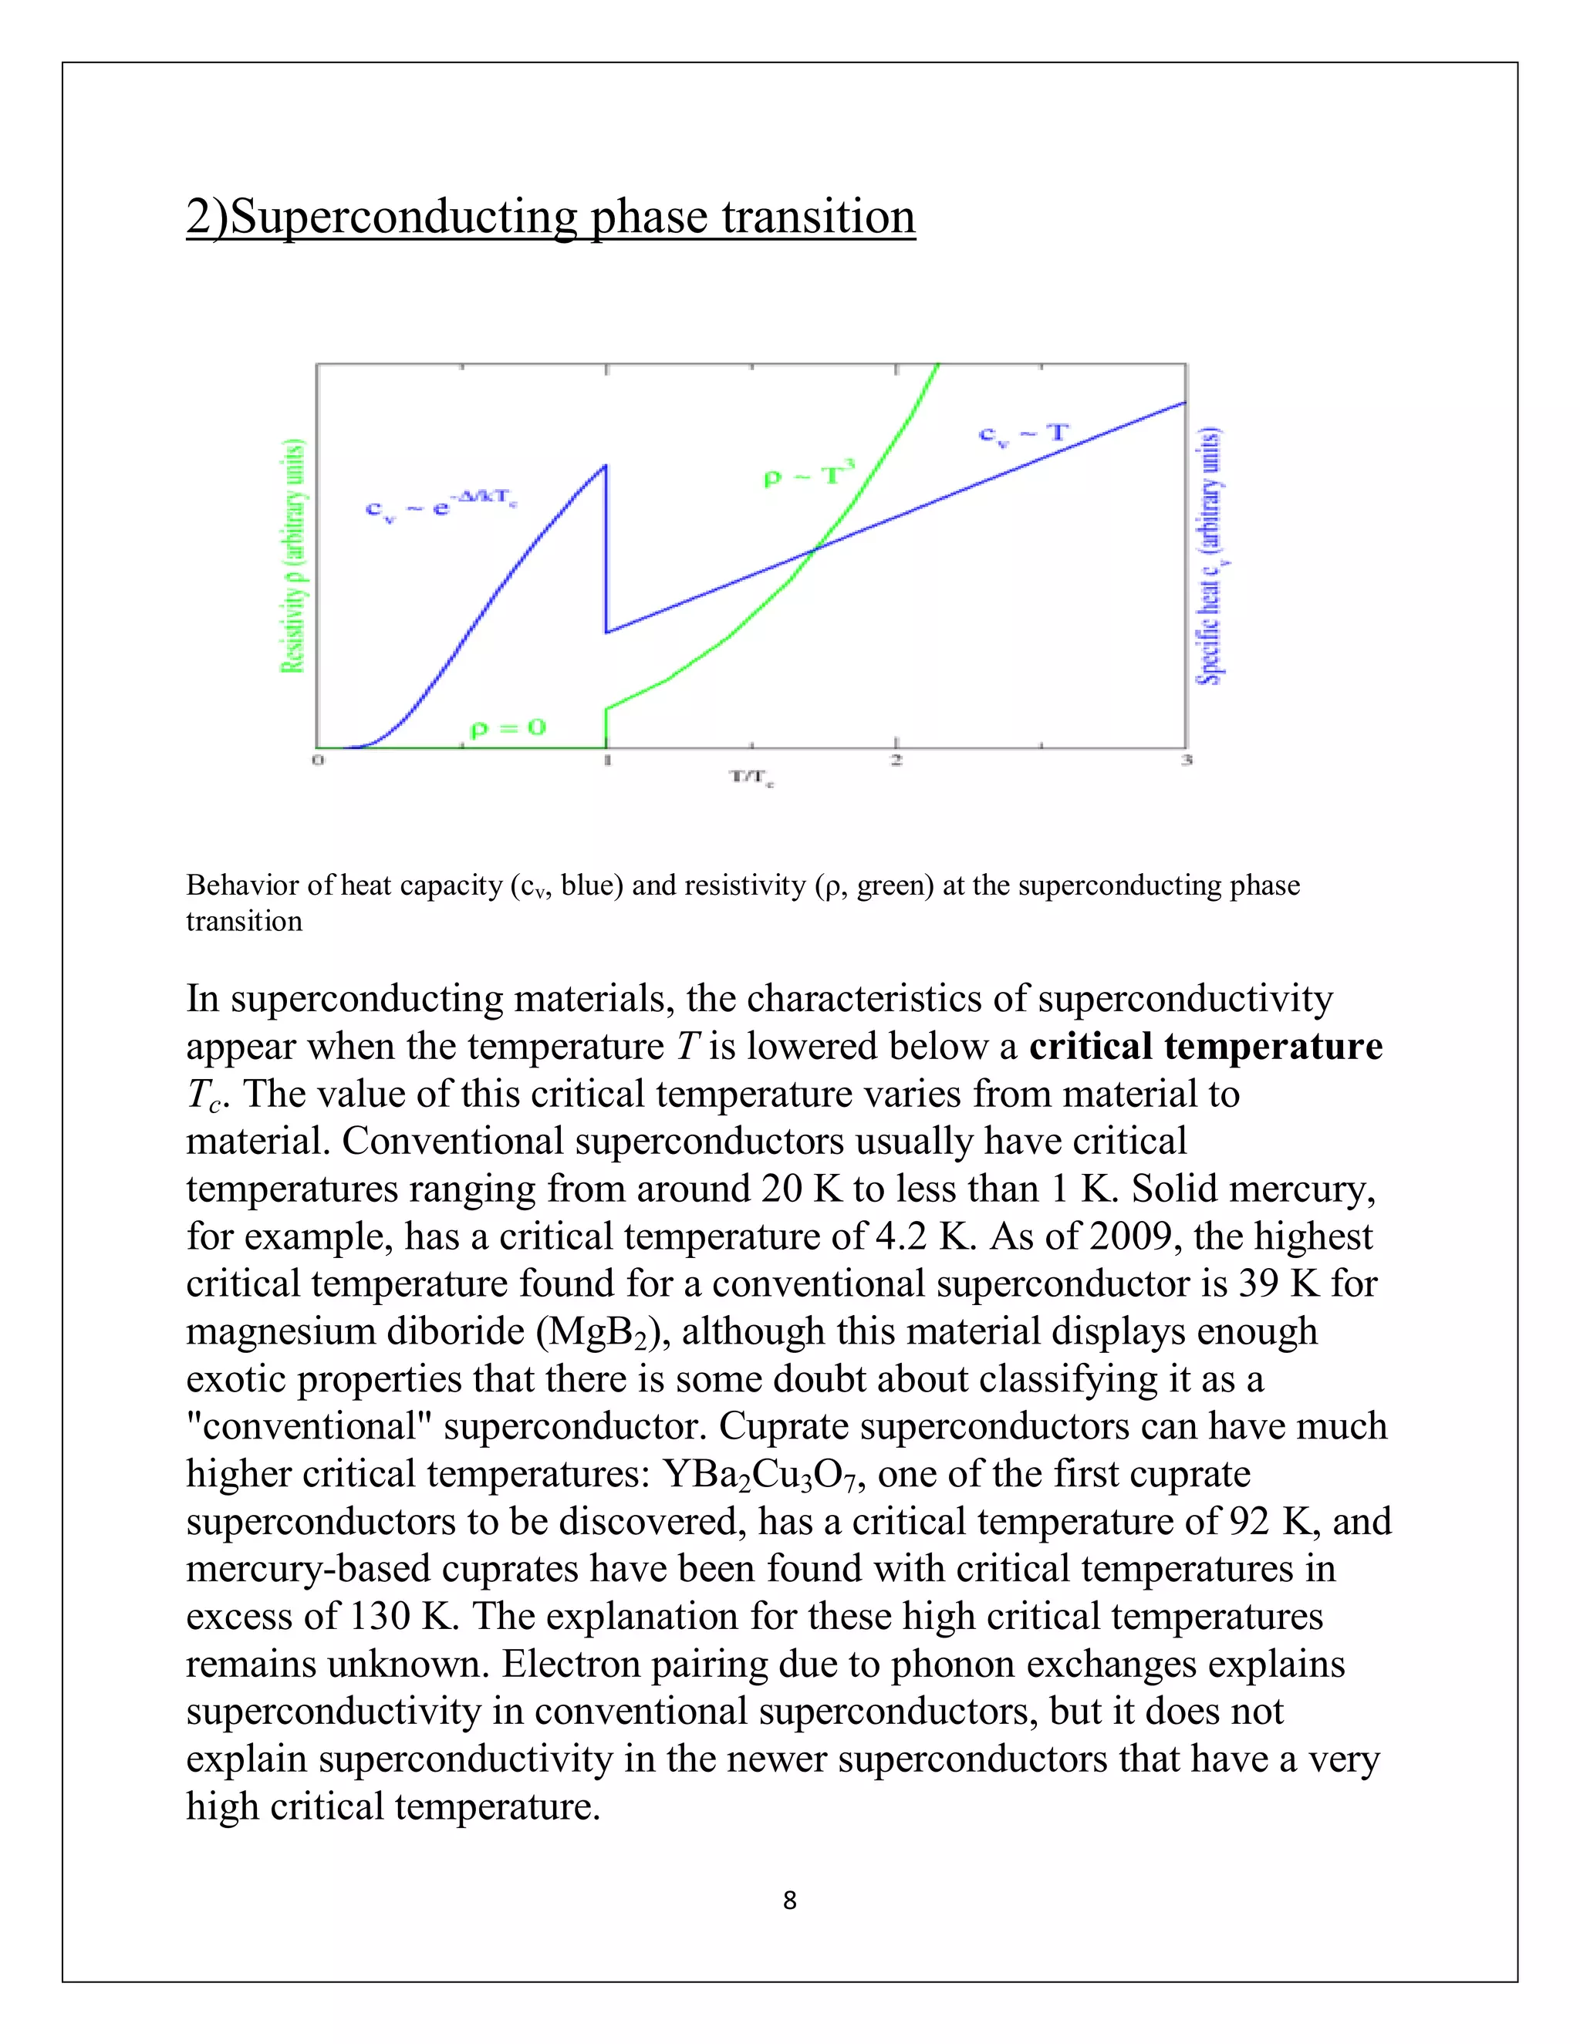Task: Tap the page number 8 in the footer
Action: (789, 1900)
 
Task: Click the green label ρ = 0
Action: (508, 728)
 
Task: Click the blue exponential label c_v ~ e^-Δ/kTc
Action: (440, 506)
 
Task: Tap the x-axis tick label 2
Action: (896, 760)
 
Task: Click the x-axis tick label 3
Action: (1186, 760)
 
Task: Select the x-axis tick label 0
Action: (317, 760)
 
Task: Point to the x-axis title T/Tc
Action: (751, 777)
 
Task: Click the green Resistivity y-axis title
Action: (293, 556)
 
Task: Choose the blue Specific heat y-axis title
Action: (1211, 556)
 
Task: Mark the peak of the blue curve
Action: (605, 466)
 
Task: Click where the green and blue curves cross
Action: (812, 550)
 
